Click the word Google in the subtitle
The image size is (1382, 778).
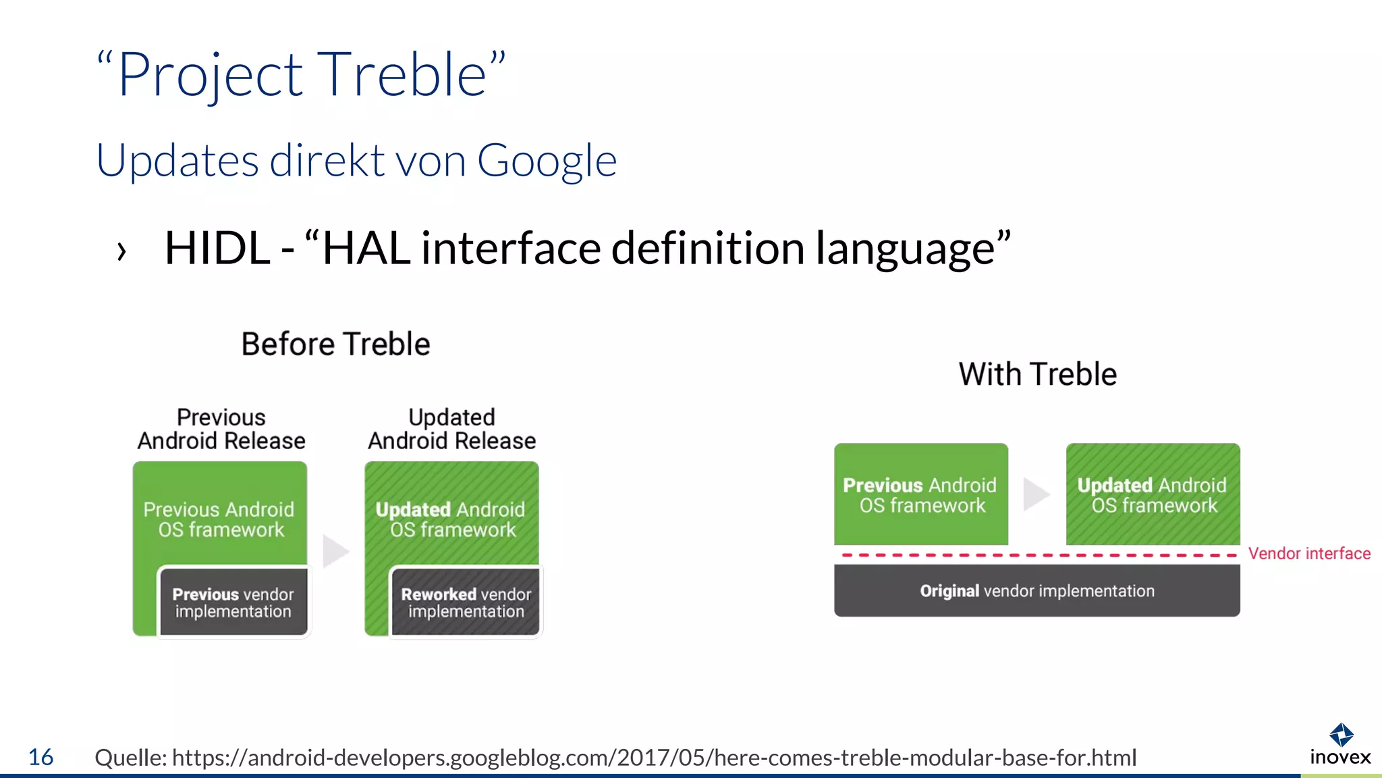[547, 161]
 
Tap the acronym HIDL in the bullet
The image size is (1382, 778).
[217, 248]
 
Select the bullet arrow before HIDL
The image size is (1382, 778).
[121, 251]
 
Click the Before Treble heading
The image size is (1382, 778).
[335, 344]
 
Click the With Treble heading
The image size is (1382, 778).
[1037, 374]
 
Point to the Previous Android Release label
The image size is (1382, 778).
[221, 429]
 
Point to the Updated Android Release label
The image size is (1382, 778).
[451, 429]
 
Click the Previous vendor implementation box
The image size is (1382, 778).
[233, 602]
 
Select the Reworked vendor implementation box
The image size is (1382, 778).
[466, 602]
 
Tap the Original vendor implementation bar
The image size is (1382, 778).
[1036, 591]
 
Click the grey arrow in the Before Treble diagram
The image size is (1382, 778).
[335, 551]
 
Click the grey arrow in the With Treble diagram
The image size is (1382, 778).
[1036, 494]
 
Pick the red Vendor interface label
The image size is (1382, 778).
[1309, 554]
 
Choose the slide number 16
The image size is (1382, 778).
[40, 757]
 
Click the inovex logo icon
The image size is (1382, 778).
[1341, 734]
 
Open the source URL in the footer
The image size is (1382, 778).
[654, 758]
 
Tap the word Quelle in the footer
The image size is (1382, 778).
[130, 758]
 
